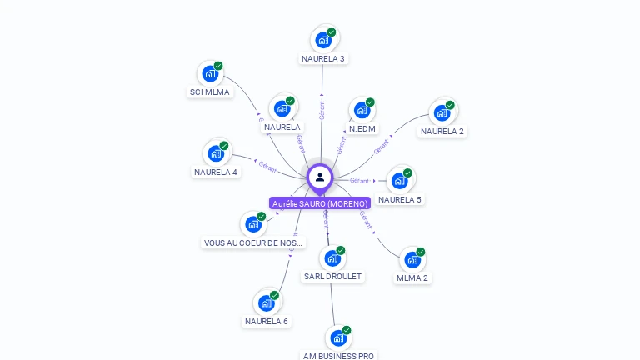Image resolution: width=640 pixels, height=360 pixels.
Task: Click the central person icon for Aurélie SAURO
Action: point(320,177)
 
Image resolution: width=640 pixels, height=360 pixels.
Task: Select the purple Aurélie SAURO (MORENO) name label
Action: point(320,203)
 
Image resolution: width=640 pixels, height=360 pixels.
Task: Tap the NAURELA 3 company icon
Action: point(323,40)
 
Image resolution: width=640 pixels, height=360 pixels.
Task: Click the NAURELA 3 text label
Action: point(323,59)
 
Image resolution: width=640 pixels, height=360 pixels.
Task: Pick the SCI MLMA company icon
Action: point(210,74)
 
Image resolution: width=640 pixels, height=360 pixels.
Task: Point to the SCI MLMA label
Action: point(210,92)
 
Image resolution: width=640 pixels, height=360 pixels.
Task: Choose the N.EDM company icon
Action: point(362,110)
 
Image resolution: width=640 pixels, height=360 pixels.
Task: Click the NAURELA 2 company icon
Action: point(442,112)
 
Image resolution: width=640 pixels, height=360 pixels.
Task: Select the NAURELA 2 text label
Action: point(442,132)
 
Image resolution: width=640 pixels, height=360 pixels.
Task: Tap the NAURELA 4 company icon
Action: point(216,153)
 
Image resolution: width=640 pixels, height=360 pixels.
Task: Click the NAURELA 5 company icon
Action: point(400,180)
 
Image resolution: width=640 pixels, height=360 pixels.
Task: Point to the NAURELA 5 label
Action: point(400,200)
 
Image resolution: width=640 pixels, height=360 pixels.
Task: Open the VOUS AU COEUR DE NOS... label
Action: point(253,243)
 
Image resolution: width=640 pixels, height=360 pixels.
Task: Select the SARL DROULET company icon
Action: point(332,258)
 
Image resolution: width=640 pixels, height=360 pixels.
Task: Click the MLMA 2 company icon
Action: point(412,260)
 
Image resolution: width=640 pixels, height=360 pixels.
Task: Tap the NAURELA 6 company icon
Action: point(266,302)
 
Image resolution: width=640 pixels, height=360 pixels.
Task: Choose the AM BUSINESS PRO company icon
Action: point(338,337)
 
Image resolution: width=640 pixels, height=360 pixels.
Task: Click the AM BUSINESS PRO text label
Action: point(338,356)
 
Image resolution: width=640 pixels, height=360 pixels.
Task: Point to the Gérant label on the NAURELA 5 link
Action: point(360,181)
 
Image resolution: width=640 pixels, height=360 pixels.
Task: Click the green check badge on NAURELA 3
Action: point(332,32)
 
